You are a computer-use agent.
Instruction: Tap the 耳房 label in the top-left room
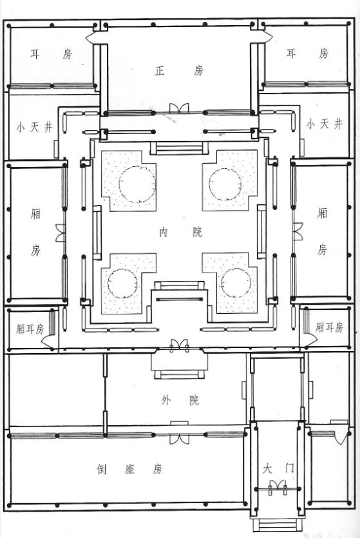pyautogui.click(x=51, y=54)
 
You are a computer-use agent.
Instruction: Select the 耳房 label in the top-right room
pyautogui.click(x=307, y=53)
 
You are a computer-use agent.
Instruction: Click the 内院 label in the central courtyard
pyautogui.click(x=179, y=233)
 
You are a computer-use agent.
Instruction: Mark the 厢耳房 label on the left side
pyautogui.click(x=30, y=329)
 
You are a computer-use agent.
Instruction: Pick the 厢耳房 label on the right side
pyautogui.click(x=330, y=327)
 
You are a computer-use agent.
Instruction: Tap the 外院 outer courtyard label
pyautogui.click(x=179, y=401)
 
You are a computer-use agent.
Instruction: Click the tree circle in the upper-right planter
pyautogui.click(x=223, y=182)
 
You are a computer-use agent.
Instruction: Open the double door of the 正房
pyautogui.click(x=178, y=108)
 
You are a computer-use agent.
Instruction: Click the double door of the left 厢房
pyautogui.click(x=61, y=233)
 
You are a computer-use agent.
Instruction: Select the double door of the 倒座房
pyautogui.click(x=178, y=439)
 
